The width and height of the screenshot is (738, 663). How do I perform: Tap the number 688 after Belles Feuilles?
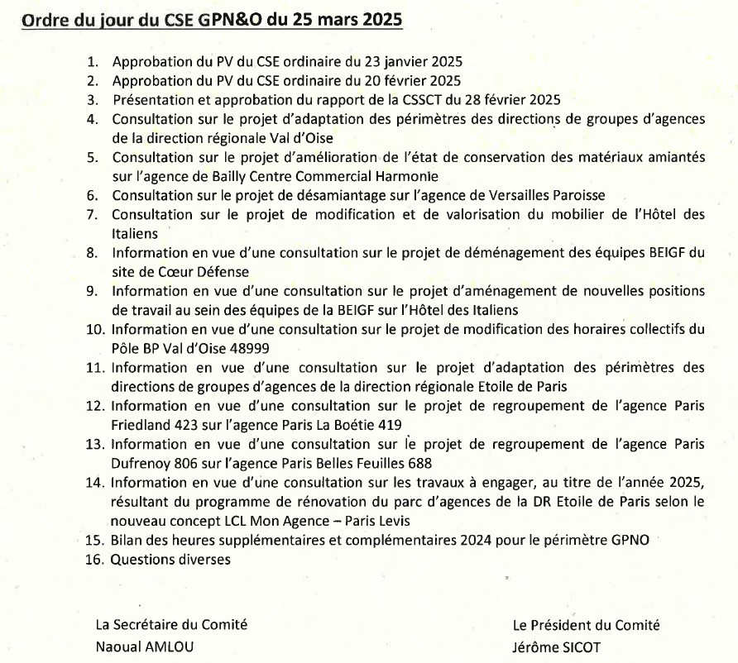pos(419,463)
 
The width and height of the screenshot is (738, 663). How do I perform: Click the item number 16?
pos(93,560)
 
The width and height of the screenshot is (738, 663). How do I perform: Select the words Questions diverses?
pos(171,560)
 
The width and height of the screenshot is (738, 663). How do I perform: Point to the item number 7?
pos(93,215)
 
